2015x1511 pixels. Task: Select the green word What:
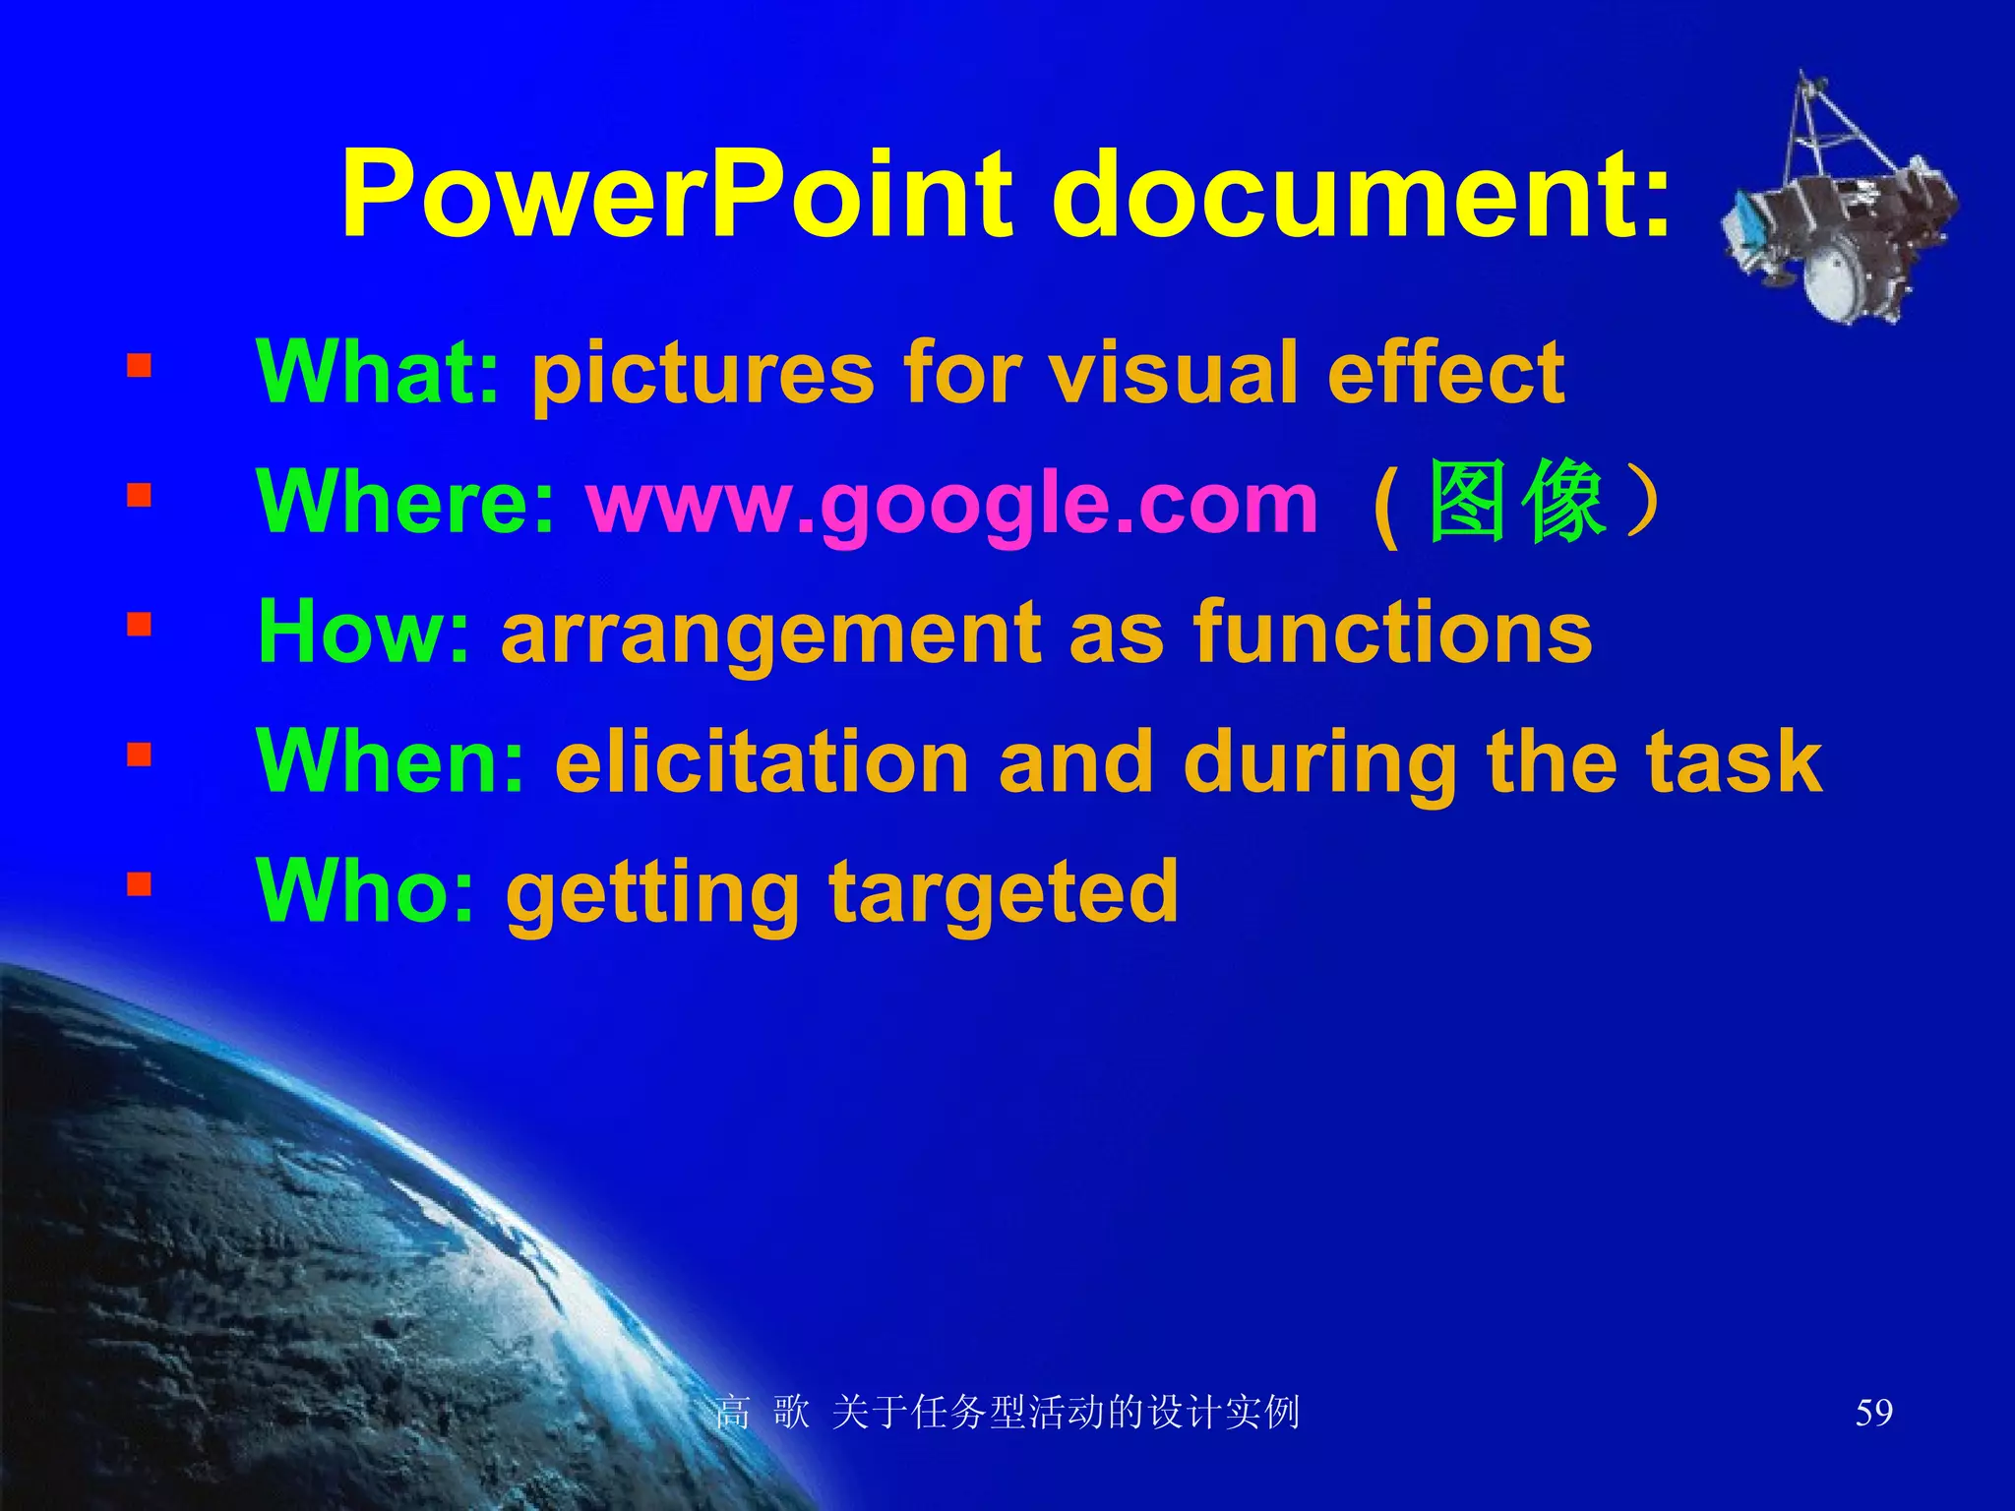tap(378, 372)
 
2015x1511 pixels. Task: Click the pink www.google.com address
tap(951, 504)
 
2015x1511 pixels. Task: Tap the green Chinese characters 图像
tap(1516, 502)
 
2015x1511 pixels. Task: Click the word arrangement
tap(768, 635)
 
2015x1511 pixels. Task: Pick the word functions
tap(1392, 633)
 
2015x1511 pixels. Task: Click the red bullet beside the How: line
tap(139, 625)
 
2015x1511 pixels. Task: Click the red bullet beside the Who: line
tap(139, 884)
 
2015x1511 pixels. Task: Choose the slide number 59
tap(1873, 1413)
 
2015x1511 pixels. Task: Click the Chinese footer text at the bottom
tap(1007, 1413)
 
